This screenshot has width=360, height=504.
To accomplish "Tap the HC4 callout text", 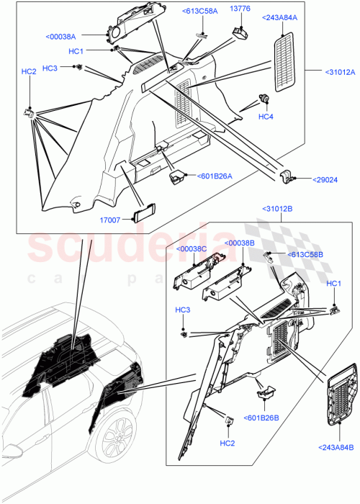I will click(x=266, y=117).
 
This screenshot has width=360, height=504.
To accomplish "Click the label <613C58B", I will click(x=308, y=255).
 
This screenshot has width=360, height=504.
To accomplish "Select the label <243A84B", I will click(x=334, y=449).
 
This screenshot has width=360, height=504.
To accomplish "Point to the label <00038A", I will click(x=66, y=36).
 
